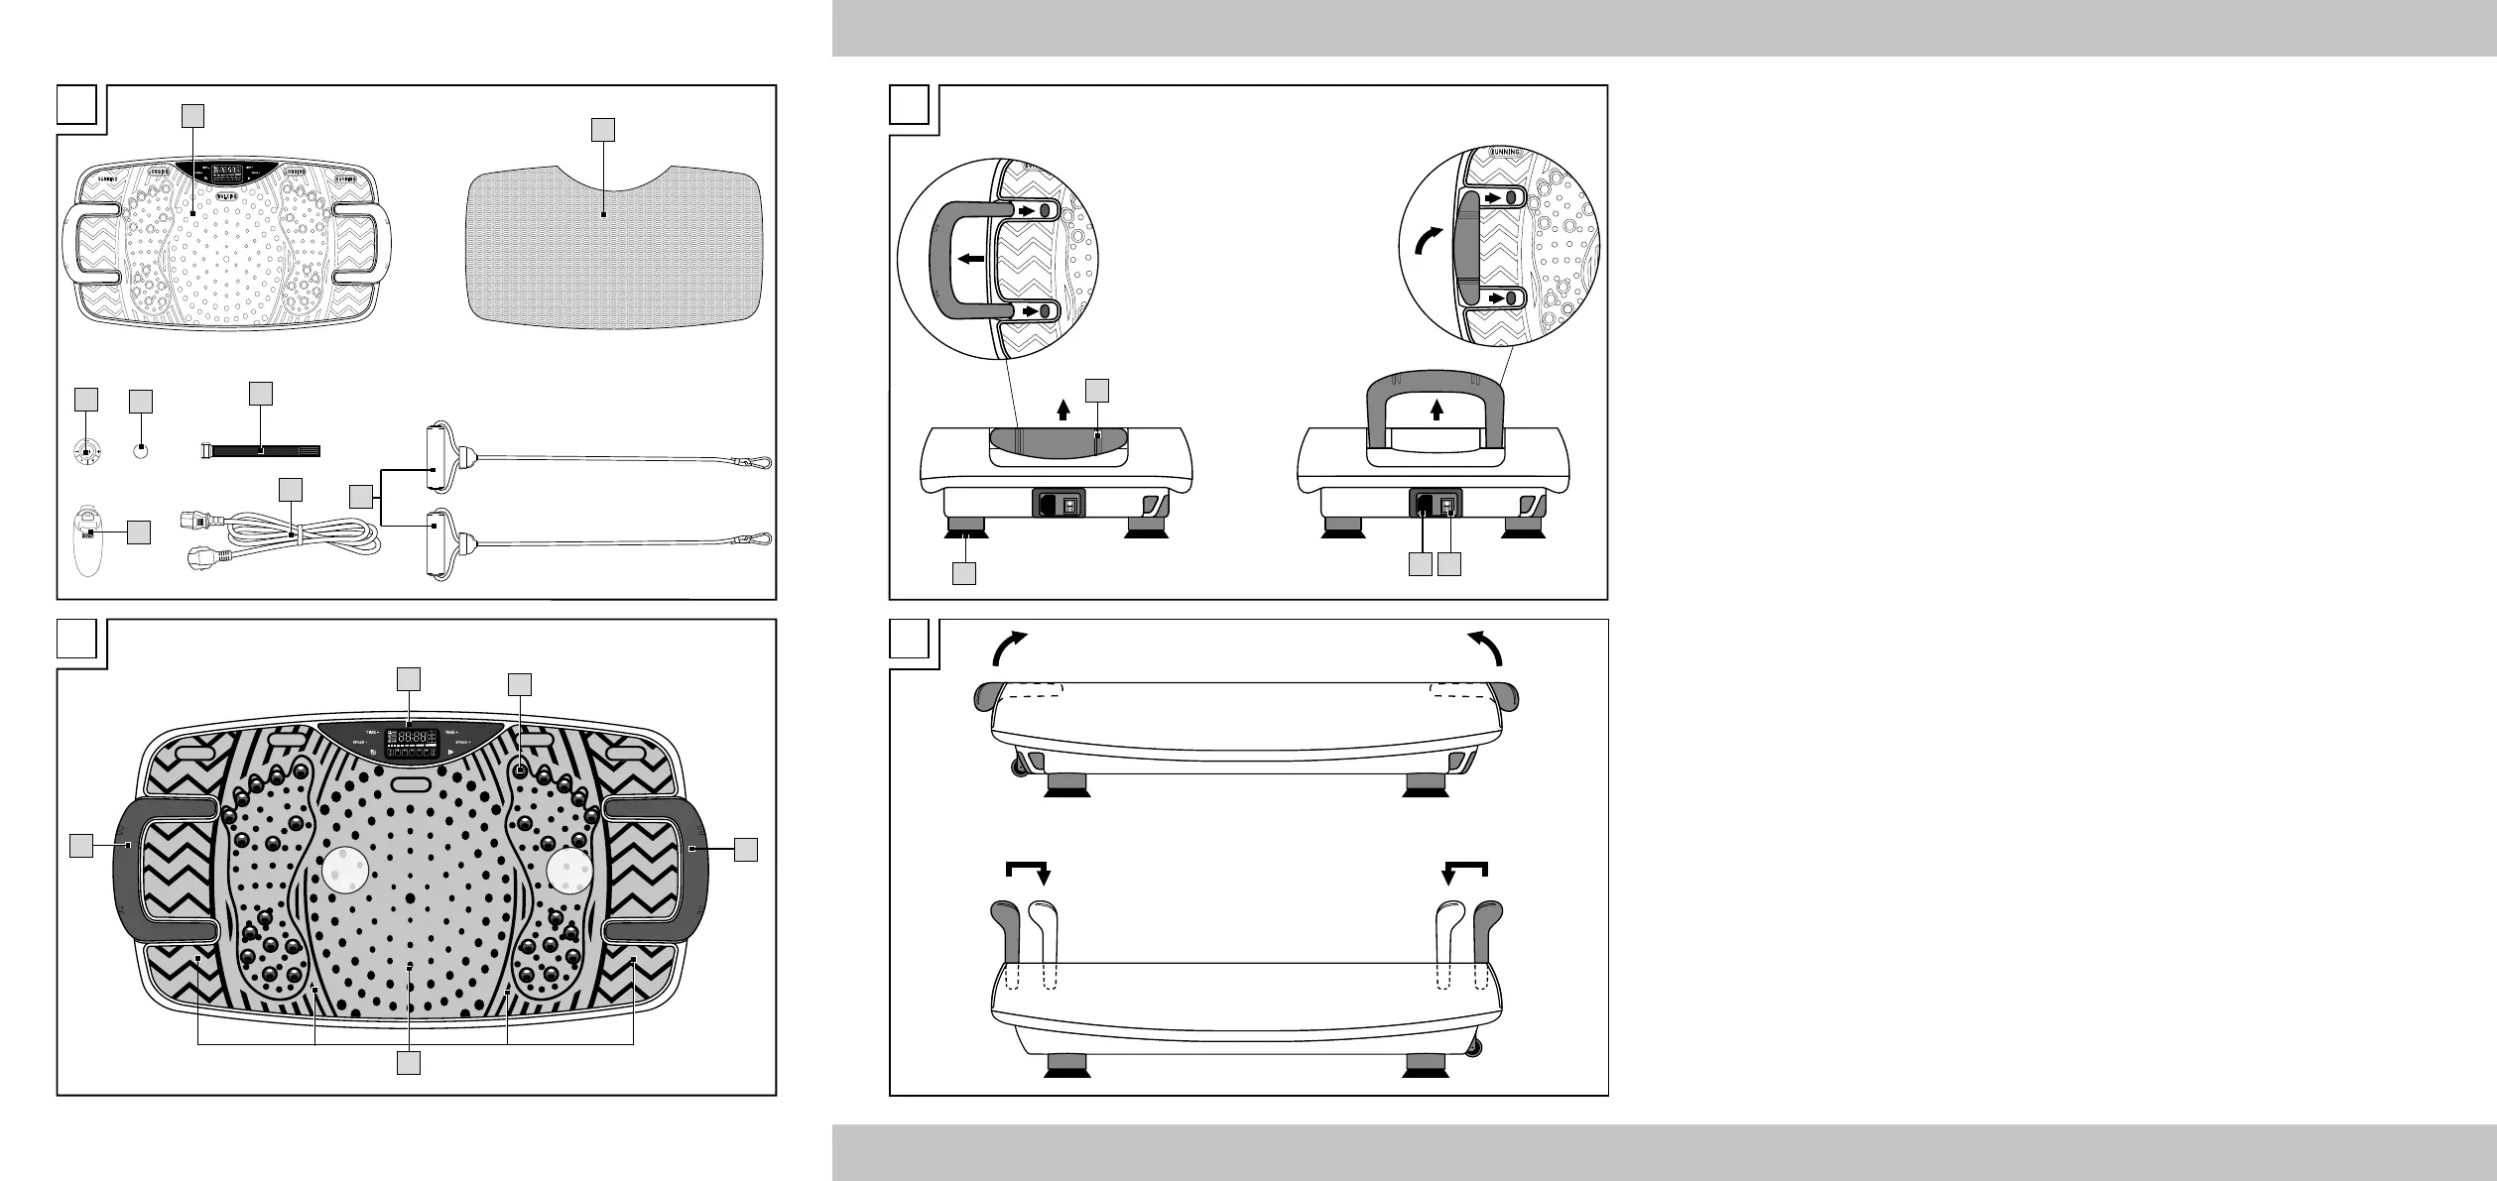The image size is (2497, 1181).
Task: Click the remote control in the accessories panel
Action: pos(90,540)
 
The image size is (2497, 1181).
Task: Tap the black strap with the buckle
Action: pos(261,450)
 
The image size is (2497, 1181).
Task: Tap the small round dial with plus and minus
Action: pos(87,452)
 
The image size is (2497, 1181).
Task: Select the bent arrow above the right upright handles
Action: pos(1464,871)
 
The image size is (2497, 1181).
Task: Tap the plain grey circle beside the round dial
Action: pos(142,451)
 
